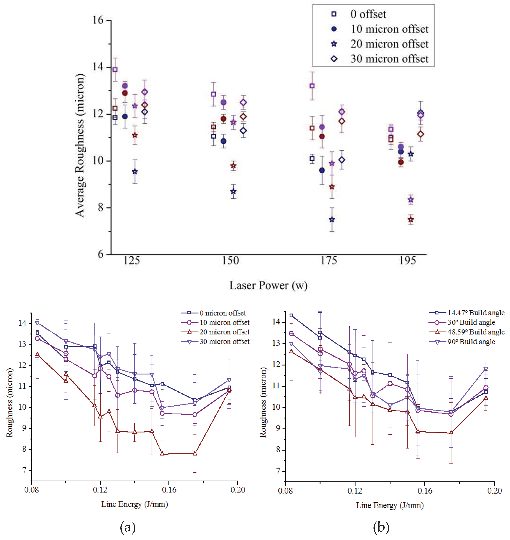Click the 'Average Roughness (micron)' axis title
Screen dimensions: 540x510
click(x=80, y=146)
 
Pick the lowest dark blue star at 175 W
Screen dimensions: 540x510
click(x=332, y=219)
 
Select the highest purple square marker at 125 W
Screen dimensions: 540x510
click(x=115, y=70)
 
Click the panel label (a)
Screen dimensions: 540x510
click(x=127, y=528)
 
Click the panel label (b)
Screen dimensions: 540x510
click(x=381, y=528)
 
